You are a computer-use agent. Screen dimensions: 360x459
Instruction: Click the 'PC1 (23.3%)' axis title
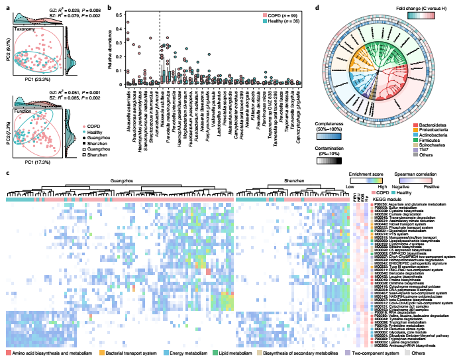point(33,80)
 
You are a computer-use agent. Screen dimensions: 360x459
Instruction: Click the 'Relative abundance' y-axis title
point(103,48)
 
